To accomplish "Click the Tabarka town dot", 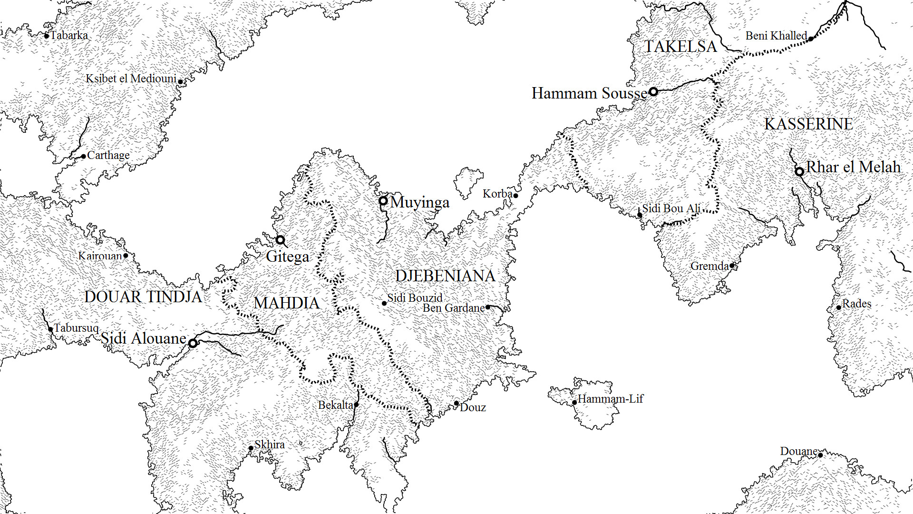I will (x=47, y=36).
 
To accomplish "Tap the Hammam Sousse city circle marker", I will (x=653, y=91).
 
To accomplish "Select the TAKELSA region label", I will (x=680, y=47).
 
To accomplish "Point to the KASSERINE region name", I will (x=808, y=124).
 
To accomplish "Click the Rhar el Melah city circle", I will (x=799, y=171).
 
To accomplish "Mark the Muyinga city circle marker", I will (x=383, y=201).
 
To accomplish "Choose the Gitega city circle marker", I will (x=281, y=239).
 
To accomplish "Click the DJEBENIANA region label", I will (x=445, y=276).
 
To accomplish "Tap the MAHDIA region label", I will (x=286, y=303).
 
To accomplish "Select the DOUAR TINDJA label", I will (x=143, y=297).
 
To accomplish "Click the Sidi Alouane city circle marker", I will (x=193, y=343).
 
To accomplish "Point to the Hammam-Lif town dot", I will (x=574, y=403).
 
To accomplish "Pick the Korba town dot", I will (x=515, y=196).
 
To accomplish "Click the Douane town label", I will (x=798, y=451).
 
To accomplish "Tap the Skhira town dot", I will (x=251, y=448).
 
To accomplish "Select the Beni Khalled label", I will (x=776, y=36).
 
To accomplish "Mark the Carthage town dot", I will (x=84, y=156).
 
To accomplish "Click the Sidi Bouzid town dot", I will (x=384, y=303).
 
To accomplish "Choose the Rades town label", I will (x=856, y=304).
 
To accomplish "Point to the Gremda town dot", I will (x=732, y=266).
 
